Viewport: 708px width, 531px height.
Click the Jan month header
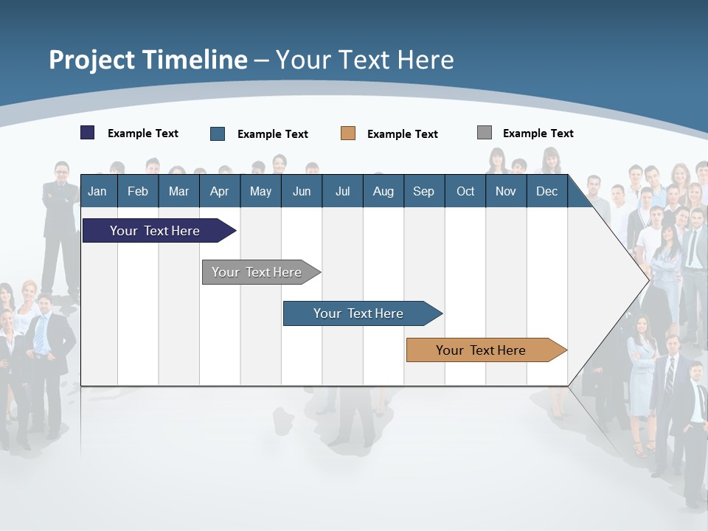click(97, 191)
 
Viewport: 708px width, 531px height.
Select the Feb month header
click(138, 191)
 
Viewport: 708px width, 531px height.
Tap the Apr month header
click(219, 191)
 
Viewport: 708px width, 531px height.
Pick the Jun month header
click(302, 191)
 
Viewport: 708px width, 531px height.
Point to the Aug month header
click(383, 191)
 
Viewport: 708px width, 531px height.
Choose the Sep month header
click(423, 191)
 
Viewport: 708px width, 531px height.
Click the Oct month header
click(465, 191)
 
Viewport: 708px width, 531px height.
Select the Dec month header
click(546, 191)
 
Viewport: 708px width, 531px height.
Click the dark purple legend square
click(88, 133)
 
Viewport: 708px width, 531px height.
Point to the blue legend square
click(218, 133)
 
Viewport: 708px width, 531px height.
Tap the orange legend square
click(348, 133)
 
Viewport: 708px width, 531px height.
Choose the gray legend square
click(485, 133)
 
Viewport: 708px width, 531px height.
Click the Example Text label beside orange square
click(402, 134)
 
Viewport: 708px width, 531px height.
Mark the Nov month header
click(506, 191)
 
